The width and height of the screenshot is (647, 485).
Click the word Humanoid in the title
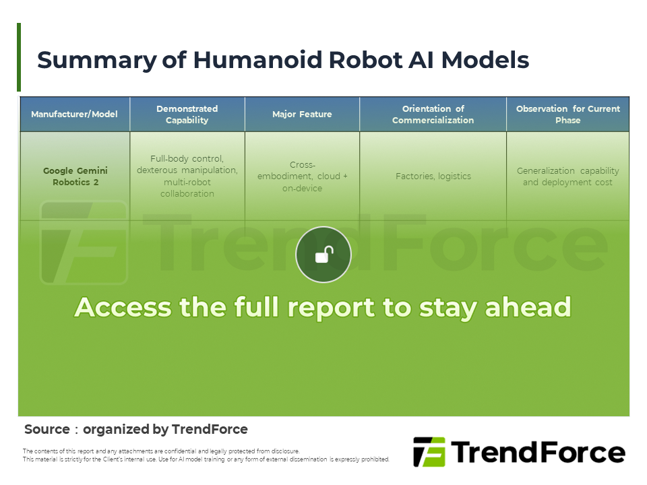[x=257, y=60]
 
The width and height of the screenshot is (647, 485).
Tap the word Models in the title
[x=485, y=60]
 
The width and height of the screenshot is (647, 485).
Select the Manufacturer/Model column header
[x=74, y=115]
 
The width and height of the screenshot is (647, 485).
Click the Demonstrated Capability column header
[x=187, y=115]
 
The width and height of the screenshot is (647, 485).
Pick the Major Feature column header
[x=302, y=115]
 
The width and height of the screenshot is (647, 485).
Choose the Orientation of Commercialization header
[x=433, y=115]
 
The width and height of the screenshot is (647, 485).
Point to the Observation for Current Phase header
[x=567, y=115]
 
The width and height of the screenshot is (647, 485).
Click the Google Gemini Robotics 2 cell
[x=75, y=176]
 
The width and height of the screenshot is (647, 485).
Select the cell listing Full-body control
[x=187, y=176]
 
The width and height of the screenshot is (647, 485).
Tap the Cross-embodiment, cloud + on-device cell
[x=302, y=176]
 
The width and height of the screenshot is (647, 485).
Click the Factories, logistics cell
[x=433, y=176]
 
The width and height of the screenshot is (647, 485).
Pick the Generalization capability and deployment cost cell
[x=567, y=176]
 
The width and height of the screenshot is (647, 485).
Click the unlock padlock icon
[x=324, y=255]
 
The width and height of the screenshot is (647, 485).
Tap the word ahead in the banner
[x=528, y=307]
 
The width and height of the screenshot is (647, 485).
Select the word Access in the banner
[x=123, y=307]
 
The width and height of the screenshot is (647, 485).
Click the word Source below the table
[x=47, y=429]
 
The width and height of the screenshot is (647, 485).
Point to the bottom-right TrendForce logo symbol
[x=429, y=452]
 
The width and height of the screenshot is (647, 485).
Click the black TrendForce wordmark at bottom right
[x=538, y=453]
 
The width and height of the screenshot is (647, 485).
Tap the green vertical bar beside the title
[x=19, y=57]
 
